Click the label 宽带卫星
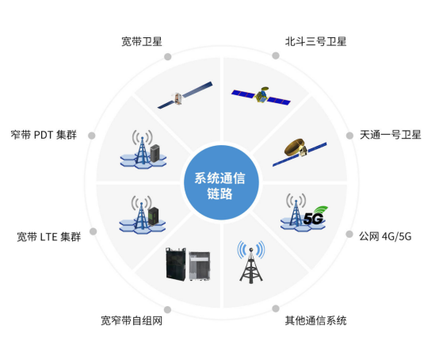142,41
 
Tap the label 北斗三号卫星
315,41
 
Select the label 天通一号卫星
391,135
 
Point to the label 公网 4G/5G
385,236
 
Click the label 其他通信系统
315,320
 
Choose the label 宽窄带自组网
132,320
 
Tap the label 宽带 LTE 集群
49,237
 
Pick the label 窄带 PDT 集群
44,135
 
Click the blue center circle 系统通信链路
221,182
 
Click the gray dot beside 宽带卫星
168,56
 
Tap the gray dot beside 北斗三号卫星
276,56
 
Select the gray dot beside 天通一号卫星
349,136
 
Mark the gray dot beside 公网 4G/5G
349,234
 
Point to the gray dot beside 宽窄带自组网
167,309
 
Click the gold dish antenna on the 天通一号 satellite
294,146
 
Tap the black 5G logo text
313,219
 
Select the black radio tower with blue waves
251,262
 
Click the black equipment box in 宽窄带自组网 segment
176,264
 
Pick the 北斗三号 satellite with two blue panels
261,96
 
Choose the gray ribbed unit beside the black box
200,266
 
